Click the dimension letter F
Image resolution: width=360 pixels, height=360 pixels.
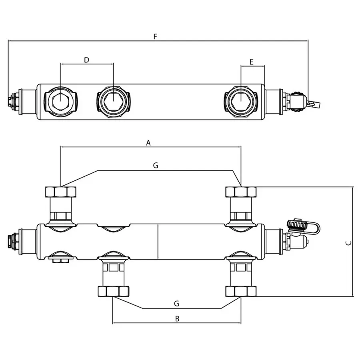pos(155,36)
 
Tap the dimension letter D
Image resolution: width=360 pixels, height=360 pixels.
pos(86,60)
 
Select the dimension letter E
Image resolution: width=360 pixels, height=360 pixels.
pos(251,62)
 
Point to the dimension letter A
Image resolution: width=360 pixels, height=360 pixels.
pos(148,143)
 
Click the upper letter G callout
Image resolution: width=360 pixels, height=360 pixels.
pos(156,165)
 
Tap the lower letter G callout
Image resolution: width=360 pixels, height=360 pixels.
pos(176,304)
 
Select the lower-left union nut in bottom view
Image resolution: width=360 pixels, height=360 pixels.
pos(114,291)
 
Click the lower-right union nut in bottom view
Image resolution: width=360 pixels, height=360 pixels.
pos(241,291)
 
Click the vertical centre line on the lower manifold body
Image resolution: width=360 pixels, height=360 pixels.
pos(159,242)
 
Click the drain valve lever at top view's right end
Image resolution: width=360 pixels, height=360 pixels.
pos(314,104)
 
